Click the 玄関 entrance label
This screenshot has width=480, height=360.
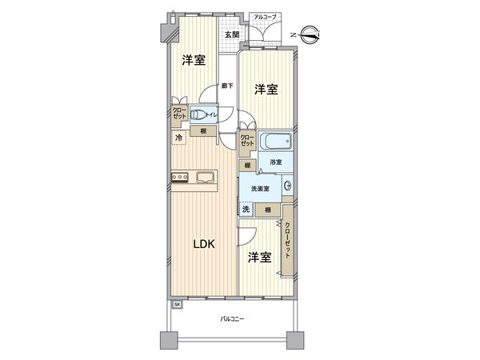[230, 34]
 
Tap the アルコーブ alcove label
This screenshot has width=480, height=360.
[265, 17]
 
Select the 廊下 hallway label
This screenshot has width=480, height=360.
[228, 86]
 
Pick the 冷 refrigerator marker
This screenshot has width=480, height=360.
[179, 138]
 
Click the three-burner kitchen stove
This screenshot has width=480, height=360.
[179, 178]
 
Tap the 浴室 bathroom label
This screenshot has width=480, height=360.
[274, 166]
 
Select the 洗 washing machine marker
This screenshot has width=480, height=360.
[247, 209]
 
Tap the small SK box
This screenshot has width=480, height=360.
[177, 305]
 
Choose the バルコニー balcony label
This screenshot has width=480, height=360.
[233, 320]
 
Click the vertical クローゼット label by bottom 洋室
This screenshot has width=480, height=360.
[288, 239]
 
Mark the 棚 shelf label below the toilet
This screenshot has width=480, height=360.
[205, 131]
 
